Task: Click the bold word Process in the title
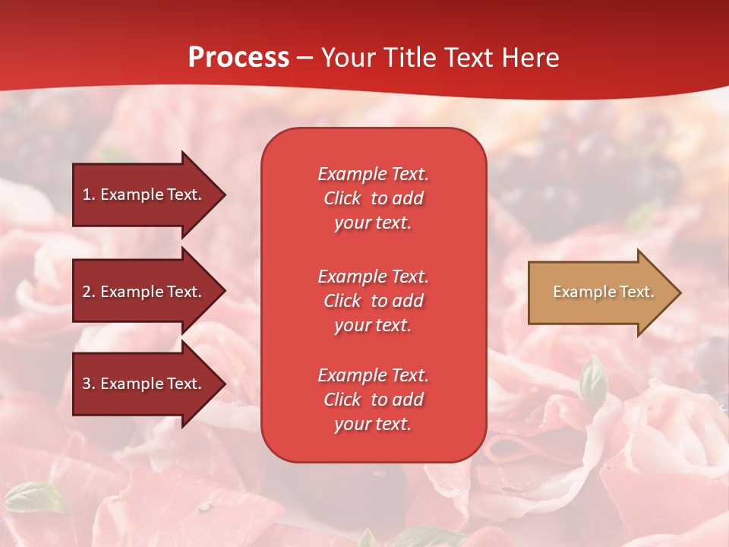click(x=238, y=58)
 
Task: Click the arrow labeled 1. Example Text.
click(x=144, y=194)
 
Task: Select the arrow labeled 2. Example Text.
click(x=144, y=292)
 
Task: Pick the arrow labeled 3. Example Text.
click(x=144, y=384)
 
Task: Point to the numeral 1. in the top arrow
click(x=89, y=194)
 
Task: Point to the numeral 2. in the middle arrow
click(x=89, y=292)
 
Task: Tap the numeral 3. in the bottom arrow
click(x=89, y=384)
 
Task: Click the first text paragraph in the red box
click(x=373, y=198)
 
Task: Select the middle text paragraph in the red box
click(x=373, y=301)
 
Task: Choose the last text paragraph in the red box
click(x=373, y=400)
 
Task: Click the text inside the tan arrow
click(x=603, y=292)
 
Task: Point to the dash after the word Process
click(x=305, y=58)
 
